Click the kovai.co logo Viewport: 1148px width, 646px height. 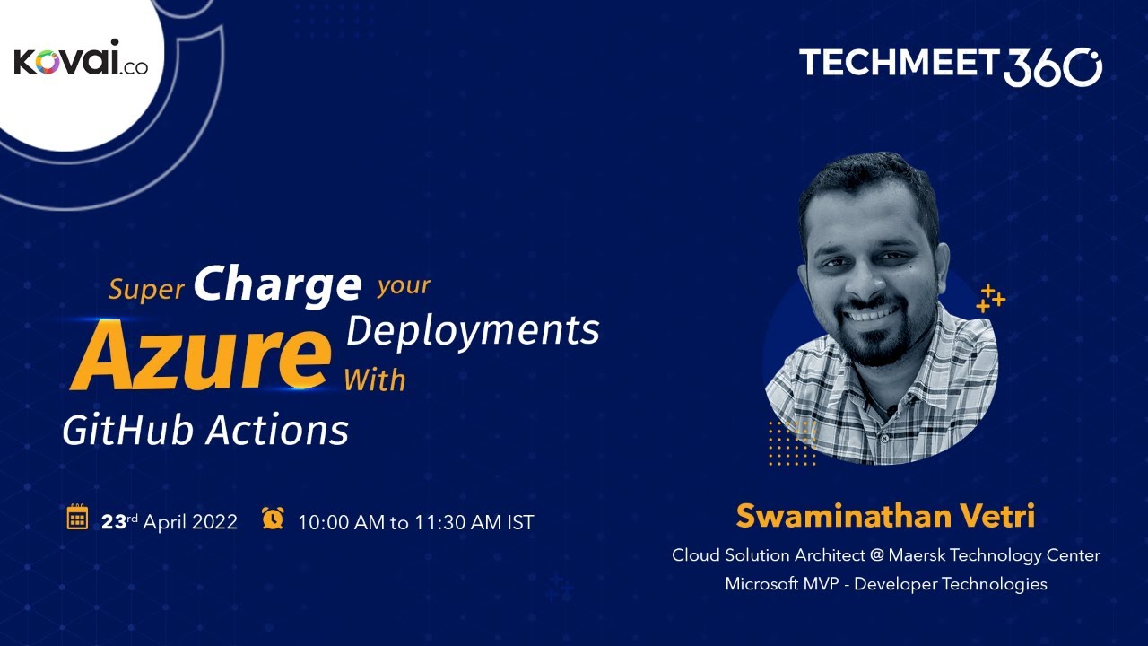[81, 62]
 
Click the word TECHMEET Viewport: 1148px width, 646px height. [898, 63]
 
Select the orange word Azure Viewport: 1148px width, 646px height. [201, 354]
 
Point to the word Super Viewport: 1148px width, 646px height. [146, 289]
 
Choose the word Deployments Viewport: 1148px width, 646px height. [473, 330]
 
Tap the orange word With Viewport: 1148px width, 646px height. [375, 380]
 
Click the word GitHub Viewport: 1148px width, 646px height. [129, 431]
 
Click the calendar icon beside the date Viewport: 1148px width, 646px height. [77, 518]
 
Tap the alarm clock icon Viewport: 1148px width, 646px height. [273, 518]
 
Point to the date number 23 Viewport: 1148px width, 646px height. [113, 521]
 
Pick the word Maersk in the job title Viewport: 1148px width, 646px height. [918, 555]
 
